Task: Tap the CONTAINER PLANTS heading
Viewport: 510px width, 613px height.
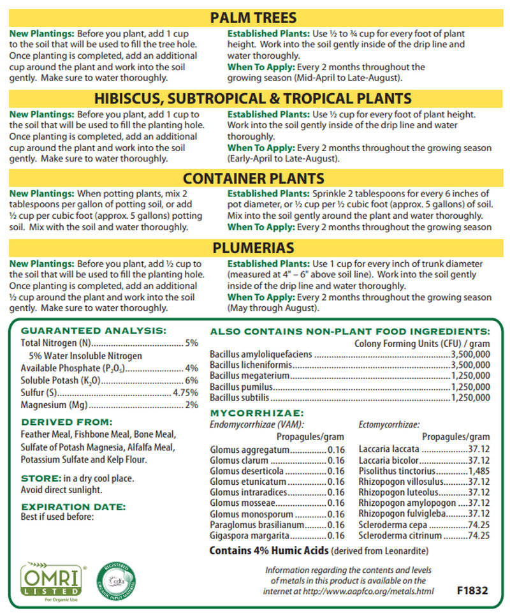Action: click(253, 178)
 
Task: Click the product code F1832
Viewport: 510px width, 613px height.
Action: click(472, 591)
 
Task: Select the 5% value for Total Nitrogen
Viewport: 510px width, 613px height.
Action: click(191, 343)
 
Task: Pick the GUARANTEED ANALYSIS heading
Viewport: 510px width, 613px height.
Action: click(93, 330)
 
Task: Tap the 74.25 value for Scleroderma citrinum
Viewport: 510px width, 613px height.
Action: click(478, 536)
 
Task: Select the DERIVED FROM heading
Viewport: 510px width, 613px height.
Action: click(66, 422)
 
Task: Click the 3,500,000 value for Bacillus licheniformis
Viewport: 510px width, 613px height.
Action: click(470, 365)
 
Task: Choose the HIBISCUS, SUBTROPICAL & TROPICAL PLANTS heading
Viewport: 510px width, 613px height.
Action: click(253, 98)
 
